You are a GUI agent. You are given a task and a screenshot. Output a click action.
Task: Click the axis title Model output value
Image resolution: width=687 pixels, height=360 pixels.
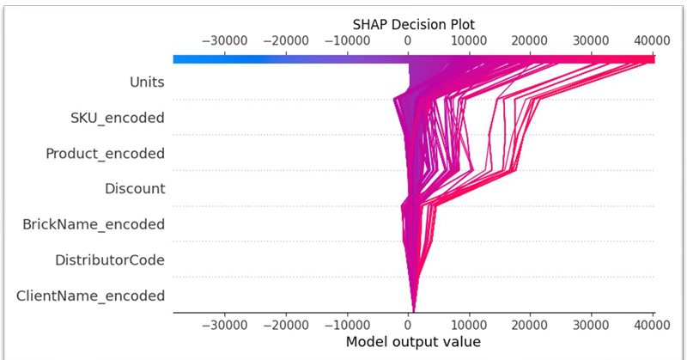pyautogui.click(x=413, y=342)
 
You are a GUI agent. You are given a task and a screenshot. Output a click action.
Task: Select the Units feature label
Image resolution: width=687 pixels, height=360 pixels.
pyautogui.click(x=147, y=82)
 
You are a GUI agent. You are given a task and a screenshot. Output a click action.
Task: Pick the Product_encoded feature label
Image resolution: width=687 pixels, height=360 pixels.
pyautogui.click(x=105, y=153)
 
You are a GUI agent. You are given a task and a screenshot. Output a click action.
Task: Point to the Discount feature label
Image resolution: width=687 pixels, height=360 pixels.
pyautogui.click(x=135, y=188)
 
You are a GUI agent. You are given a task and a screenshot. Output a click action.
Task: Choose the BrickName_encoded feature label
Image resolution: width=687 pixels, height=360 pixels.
pyautogui.click(x=94, y=224)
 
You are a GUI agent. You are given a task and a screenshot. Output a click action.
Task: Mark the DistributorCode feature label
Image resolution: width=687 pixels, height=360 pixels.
pyautogui.click(x=110, y=259)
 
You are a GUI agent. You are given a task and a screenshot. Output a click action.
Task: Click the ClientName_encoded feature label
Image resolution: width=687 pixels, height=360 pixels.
pyautogui.click(x=90, y=296)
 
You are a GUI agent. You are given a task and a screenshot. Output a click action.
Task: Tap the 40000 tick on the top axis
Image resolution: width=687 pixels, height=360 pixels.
pyautogui.click(x=652, y=40)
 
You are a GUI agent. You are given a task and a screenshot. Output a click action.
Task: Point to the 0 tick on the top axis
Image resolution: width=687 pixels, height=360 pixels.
pyautogui.click(x=408, y=40)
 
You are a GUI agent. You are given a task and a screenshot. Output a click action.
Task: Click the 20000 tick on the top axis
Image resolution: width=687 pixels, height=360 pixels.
pyautogui.click(x=530, y=40)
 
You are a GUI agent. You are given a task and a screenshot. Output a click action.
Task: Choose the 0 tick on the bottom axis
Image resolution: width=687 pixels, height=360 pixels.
pyautogui.click(x=409, y=325)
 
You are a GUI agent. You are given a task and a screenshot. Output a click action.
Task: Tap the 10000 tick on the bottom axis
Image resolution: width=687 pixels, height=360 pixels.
pyautogui.click(x=469, y=325)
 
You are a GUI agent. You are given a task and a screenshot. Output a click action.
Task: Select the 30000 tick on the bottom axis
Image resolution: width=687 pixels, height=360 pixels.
pyautogui.click(x=591, y=325)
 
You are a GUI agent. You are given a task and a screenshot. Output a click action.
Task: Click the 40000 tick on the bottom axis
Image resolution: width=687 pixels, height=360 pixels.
pyautogui.click(x=652, y=325)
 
